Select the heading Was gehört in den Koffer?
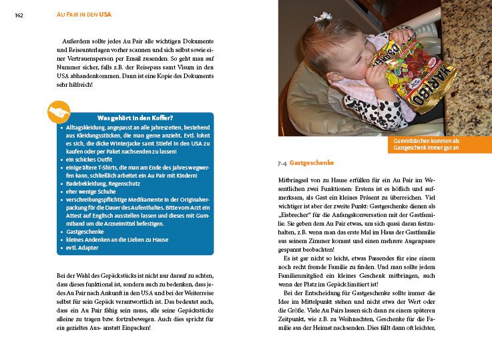coord(136,118)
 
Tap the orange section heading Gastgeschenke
coord(312,163)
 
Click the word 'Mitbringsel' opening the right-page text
coord(295,180)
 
